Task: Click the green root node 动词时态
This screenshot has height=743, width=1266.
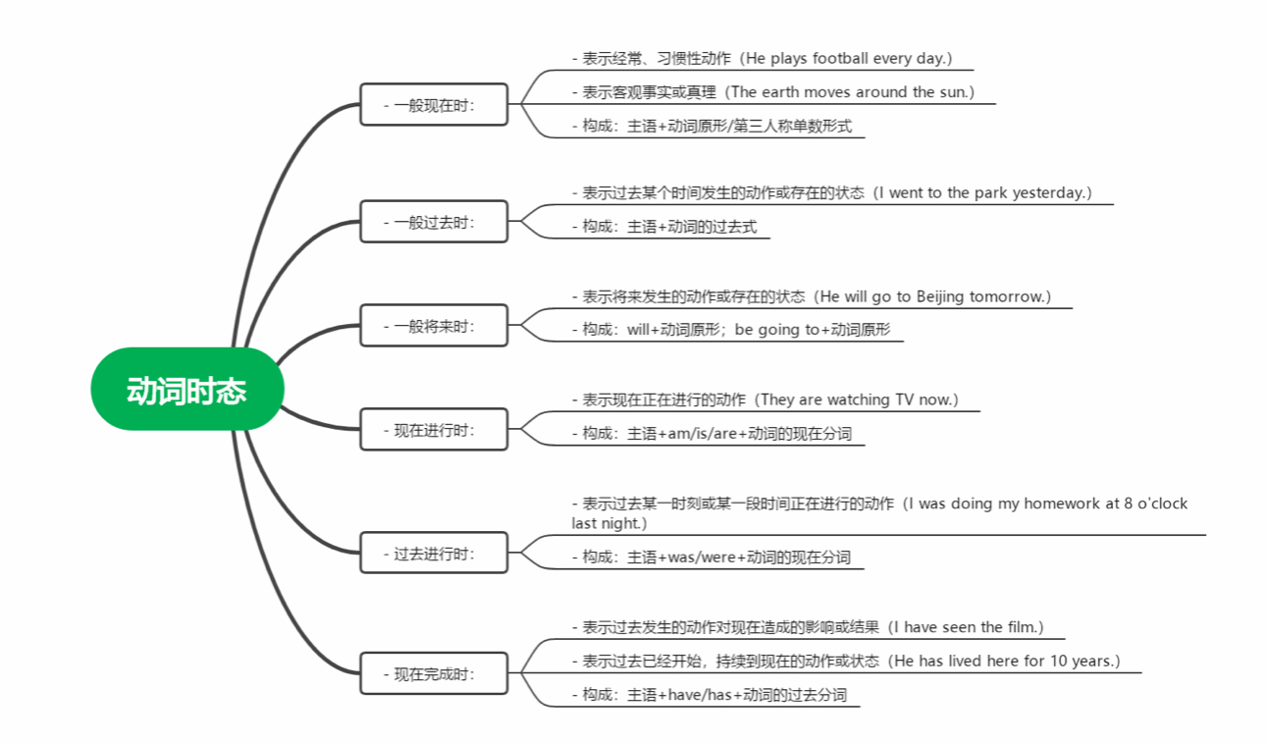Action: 186,390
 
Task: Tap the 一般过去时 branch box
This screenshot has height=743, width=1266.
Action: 434,222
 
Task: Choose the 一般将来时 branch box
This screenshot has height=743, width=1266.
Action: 434,326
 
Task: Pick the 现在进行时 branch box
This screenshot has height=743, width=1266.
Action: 434,429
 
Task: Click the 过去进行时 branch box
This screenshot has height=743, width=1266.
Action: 434,554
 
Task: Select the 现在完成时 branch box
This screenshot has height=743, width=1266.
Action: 434,674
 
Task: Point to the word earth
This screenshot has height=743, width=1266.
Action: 785,92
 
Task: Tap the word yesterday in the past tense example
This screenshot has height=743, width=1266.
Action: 1048,192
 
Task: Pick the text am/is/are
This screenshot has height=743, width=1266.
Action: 699,433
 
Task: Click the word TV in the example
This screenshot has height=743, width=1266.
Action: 904,399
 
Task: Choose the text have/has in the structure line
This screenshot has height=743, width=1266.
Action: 702,695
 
